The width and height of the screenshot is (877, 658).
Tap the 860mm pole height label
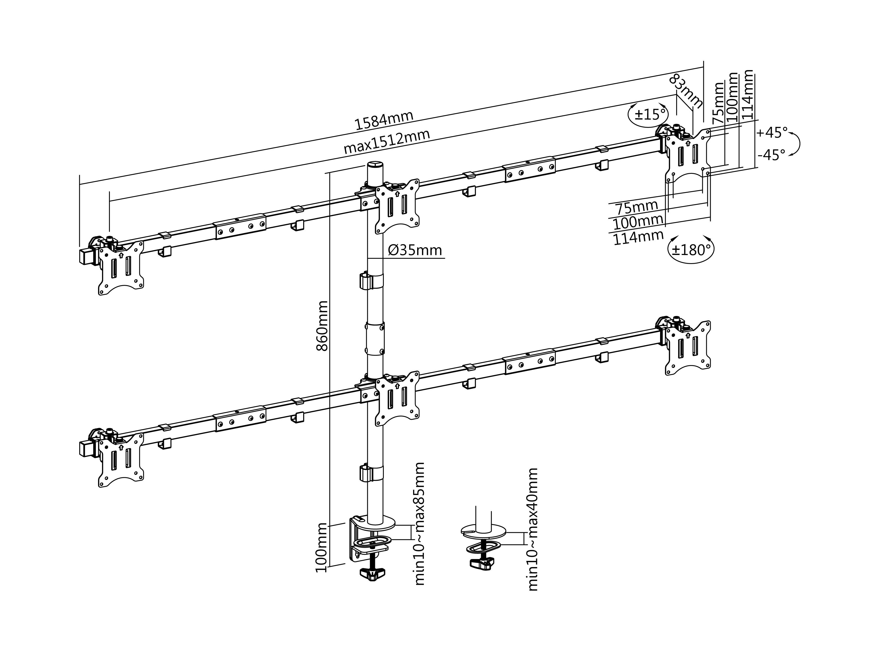[322, 326]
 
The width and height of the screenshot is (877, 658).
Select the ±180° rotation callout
[691, 250]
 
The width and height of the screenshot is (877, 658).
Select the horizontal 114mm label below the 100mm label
[638, 237]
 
